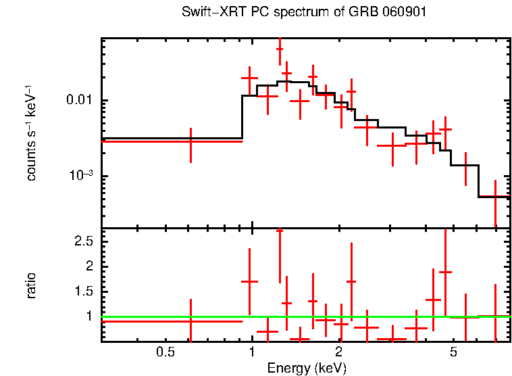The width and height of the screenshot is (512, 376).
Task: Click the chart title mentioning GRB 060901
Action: tap(304, 13)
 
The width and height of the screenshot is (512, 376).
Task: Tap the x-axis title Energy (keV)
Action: tap(307, 368)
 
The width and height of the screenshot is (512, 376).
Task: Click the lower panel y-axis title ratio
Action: tap(31, 285)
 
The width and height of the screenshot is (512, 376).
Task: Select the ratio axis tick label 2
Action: tap(88, 266)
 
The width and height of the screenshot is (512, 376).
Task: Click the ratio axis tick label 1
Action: tap(88, 316)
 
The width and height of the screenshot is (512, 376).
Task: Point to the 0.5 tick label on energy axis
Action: tap(165, 352)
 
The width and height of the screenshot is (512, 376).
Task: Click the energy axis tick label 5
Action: tap(454, 352)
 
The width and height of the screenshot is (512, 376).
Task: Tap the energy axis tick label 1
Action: tap(252, 352)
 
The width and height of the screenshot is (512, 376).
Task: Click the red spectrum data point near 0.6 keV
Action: tap(190, 141)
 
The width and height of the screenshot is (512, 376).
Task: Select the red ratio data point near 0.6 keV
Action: tap(190, 321)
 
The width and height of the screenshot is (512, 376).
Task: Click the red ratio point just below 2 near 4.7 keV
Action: tap(445, 272)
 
